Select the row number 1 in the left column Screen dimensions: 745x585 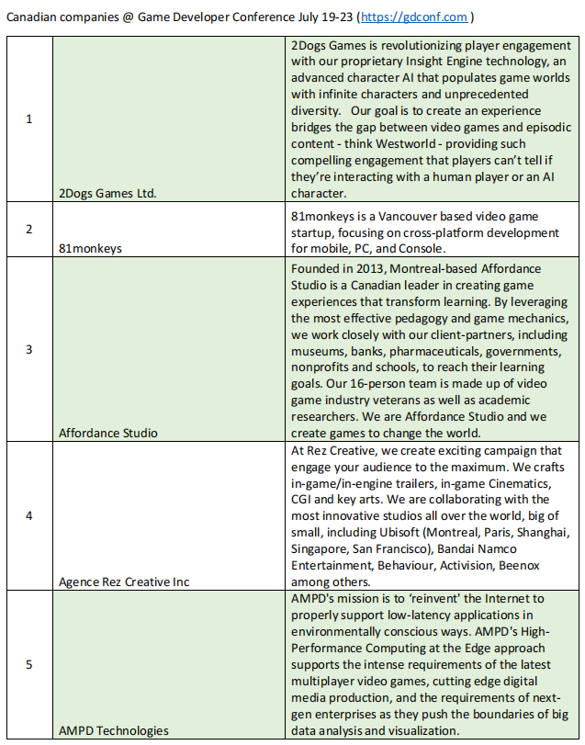[28, 119]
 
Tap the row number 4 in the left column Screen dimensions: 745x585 [28, 515]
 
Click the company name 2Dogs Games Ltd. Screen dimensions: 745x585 [105, 192]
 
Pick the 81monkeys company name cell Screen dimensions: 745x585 [89, 248]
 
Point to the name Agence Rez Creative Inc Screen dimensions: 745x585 [125, 581]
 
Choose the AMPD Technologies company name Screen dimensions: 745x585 [113, 730]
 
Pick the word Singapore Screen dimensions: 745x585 [322, 549]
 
